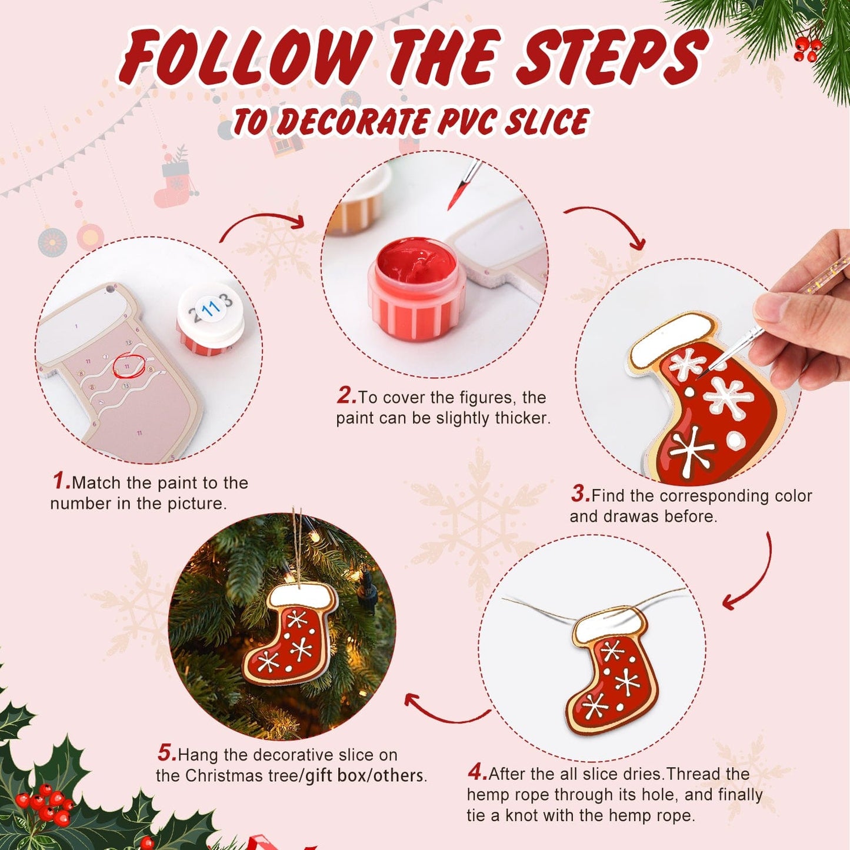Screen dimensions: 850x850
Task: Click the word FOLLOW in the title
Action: pyautogui.click(x=247, y=58)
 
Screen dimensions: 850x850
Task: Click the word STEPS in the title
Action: pyautogui.click(x=612, y=58)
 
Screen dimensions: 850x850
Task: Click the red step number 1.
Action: pyautogui.click(x=61, y=481)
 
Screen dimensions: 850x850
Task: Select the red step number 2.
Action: pyautogui.click(x=346, y=396)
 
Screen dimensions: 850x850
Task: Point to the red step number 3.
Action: pyautogui.click(x=580, y=494)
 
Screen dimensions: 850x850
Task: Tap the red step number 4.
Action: pyautogui.click(x=477, y=772)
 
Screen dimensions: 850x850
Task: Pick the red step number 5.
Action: pyautogui.click(x=166, y=753)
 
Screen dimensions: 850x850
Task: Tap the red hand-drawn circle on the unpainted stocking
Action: pyautogui.click(x=128, y=365)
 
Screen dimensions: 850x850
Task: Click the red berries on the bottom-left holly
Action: pyautogui.click(x=44, y=805)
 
